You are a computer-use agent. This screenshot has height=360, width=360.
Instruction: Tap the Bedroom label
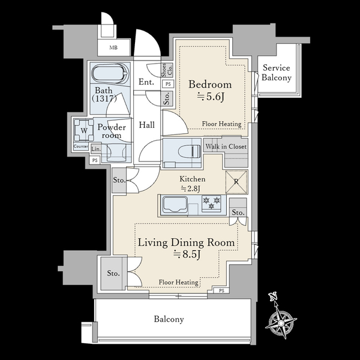(x=210, y=85)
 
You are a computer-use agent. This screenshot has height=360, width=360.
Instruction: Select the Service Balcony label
(x=277, y=73)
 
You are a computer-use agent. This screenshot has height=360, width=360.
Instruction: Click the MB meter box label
(x=113, y=48)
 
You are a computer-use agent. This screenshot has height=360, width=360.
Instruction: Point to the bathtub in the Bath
(x=110, y=74)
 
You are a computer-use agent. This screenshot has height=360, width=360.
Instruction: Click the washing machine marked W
(x=84, y=130)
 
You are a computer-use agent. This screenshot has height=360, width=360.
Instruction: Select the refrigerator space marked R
(x=236, y=182)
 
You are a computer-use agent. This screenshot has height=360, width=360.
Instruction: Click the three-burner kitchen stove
(x=211, y=203)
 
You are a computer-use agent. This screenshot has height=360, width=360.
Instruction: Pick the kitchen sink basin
(x=175, y=205)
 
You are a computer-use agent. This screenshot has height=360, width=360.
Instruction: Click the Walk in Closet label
(x=226, y=146)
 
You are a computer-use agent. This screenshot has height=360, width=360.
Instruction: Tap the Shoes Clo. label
(x=167, y=70)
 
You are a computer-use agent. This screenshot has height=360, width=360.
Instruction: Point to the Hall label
(x=147, y=125)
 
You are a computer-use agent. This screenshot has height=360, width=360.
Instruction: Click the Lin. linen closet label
(x=96, y=149)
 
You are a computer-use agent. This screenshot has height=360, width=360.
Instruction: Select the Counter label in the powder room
(x=81, y=146)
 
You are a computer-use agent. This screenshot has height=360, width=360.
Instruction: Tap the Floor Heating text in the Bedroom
(x=221, y=124)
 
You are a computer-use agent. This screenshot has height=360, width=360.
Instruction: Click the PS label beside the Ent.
(x=168, y=84)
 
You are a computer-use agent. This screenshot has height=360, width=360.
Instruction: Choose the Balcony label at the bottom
(x=169, y=319)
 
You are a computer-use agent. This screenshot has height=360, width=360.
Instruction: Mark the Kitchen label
(x=193, y=179)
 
